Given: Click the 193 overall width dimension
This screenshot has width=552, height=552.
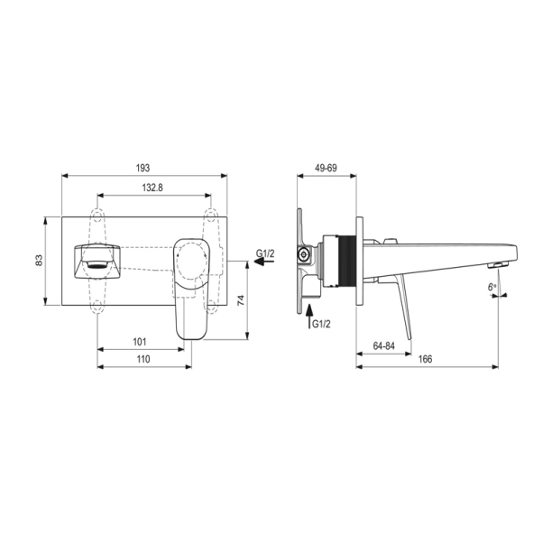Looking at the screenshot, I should [143, 168].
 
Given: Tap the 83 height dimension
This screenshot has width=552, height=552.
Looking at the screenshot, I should [39, 261].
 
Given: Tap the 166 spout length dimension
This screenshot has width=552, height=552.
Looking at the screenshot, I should [425, 359].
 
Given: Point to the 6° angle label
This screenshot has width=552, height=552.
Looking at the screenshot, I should [492, 286].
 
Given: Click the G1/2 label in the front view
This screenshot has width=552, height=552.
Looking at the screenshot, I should [265, 254].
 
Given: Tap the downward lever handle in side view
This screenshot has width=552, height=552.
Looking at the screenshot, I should [401, 307].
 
